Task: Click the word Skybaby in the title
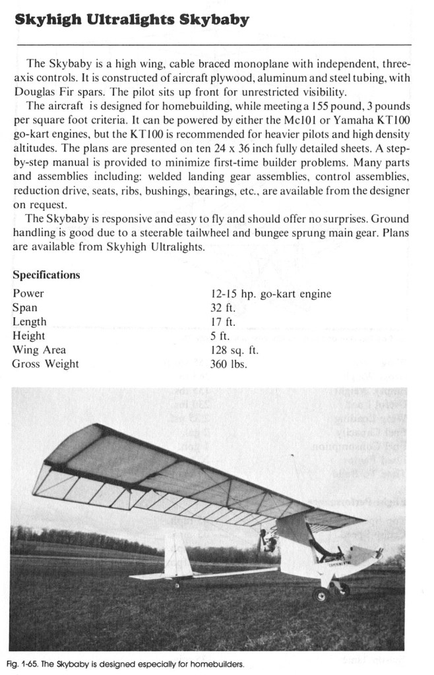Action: [215, 20]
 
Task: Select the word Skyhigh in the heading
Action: [47, 20]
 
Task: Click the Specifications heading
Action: [46, 275]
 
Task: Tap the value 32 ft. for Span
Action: [222, 308]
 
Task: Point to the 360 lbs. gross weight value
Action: [228, 364]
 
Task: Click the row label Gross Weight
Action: [46, 364]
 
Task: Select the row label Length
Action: [29, 322]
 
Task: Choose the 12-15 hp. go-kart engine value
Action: [270, 294]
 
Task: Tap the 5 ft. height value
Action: [219, 336]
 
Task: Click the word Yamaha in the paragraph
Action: [346, 121]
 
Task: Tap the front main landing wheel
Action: [321, 594]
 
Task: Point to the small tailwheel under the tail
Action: [177, 585]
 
